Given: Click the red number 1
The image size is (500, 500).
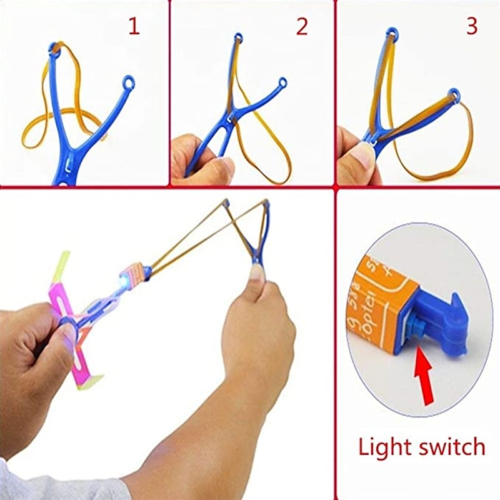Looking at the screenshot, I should (134, 26).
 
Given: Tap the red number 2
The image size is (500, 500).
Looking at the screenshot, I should (302, 26).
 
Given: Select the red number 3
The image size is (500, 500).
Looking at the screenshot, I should (471, 26).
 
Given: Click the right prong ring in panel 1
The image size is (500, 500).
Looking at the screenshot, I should (128, 82).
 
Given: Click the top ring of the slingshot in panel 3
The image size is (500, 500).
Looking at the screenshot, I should (392, 32).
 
